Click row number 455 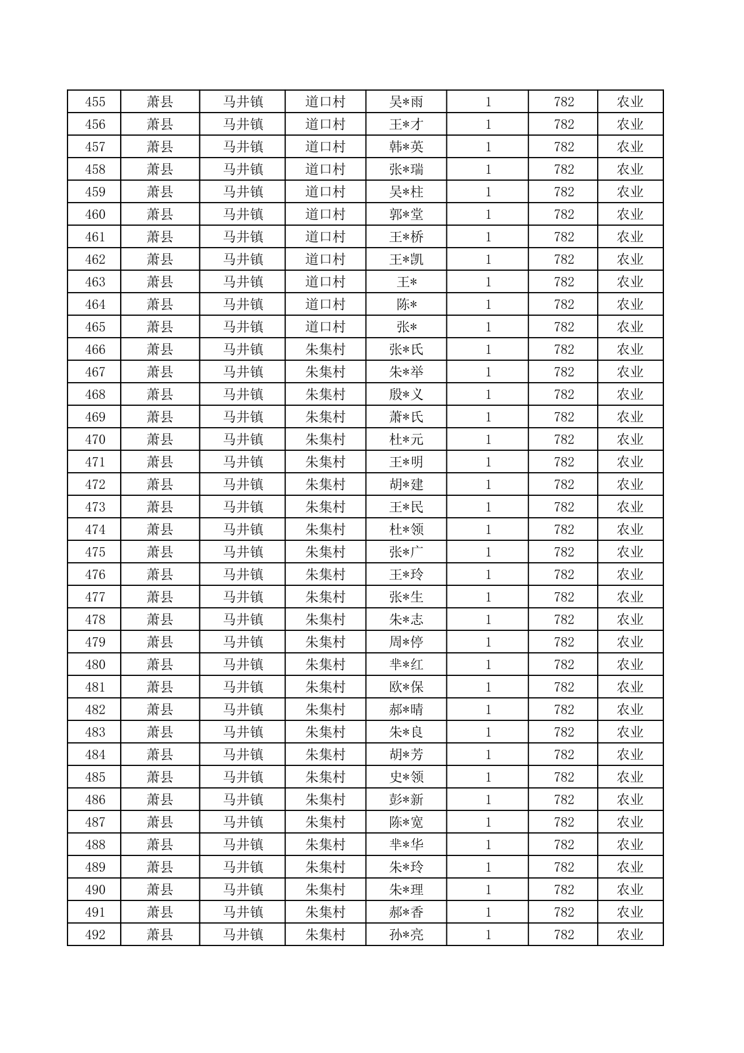[x=95, y=102]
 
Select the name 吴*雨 [x=406, y=102]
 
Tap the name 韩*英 [x=406, y=147]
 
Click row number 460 [x=95, y=214]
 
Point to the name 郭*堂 [x=406, y=214]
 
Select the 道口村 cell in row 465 [x=325, y=327]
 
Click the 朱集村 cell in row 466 [x=325, y=350]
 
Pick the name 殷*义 [x=406, y=395]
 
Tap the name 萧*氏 [x=406, y=417]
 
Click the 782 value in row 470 [x=563, y=440]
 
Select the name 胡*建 [x=406, y=485]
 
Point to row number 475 [x=95, y=552]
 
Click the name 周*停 [x=406, y=642]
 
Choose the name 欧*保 [x=406, y=687]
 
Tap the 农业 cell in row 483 [x=630, y=732]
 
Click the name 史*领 [x=406, y=777]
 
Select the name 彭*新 [x=406, y=800]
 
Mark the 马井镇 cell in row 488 [x=243, y=845]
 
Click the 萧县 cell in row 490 [x=159, y=890]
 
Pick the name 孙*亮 [x=406, y=935]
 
